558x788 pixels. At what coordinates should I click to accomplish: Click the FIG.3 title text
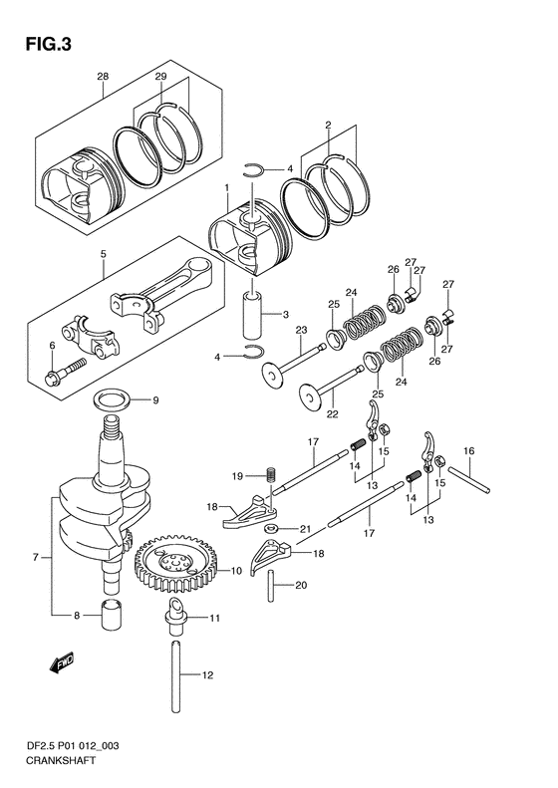48,45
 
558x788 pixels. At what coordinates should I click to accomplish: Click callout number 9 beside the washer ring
155,400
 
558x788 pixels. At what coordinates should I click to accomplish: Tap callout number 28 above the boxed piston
103,77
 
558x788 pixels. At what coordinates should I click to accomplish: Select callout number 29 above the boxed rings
160,77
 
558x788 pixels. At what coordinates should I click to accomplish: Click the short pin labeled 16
468,479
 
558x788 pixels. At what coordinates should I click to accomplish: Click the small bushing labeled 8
113,614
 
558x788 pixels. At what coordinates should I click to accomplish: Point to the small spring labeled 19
271,474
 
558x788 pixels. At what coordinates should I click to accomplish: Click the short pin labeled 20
271,586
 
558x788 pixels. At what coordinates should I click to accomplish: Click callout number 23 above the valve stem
301,330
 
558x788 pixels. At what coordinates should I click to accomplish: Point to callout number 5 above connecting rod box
103,254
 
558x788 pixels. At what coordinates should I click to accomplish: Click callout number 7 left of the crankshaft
36,556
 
